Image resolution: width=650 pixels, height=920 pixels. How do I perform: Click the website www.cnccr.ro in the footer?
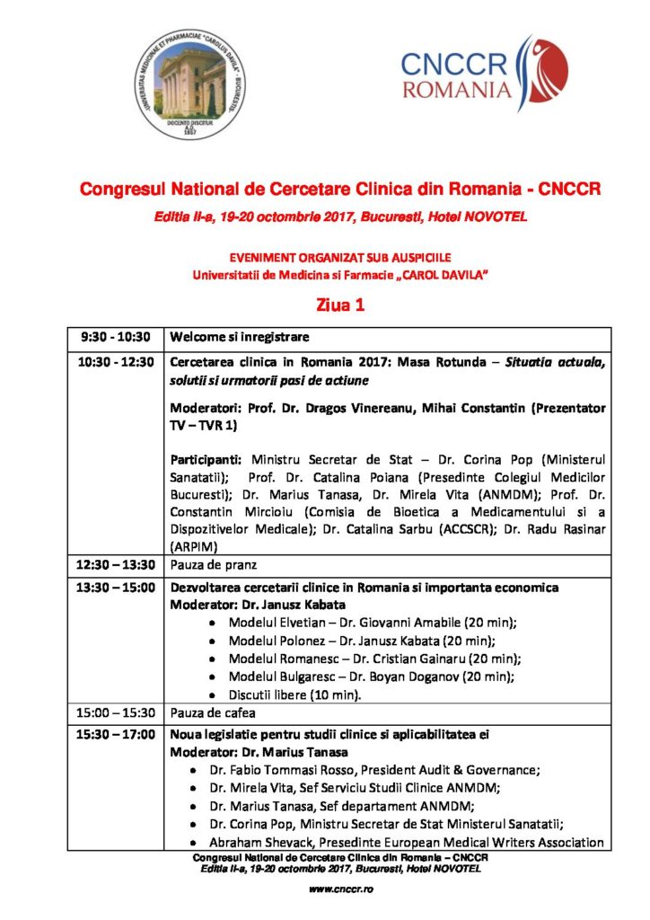pyautogui.click(x=340, y=889)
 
